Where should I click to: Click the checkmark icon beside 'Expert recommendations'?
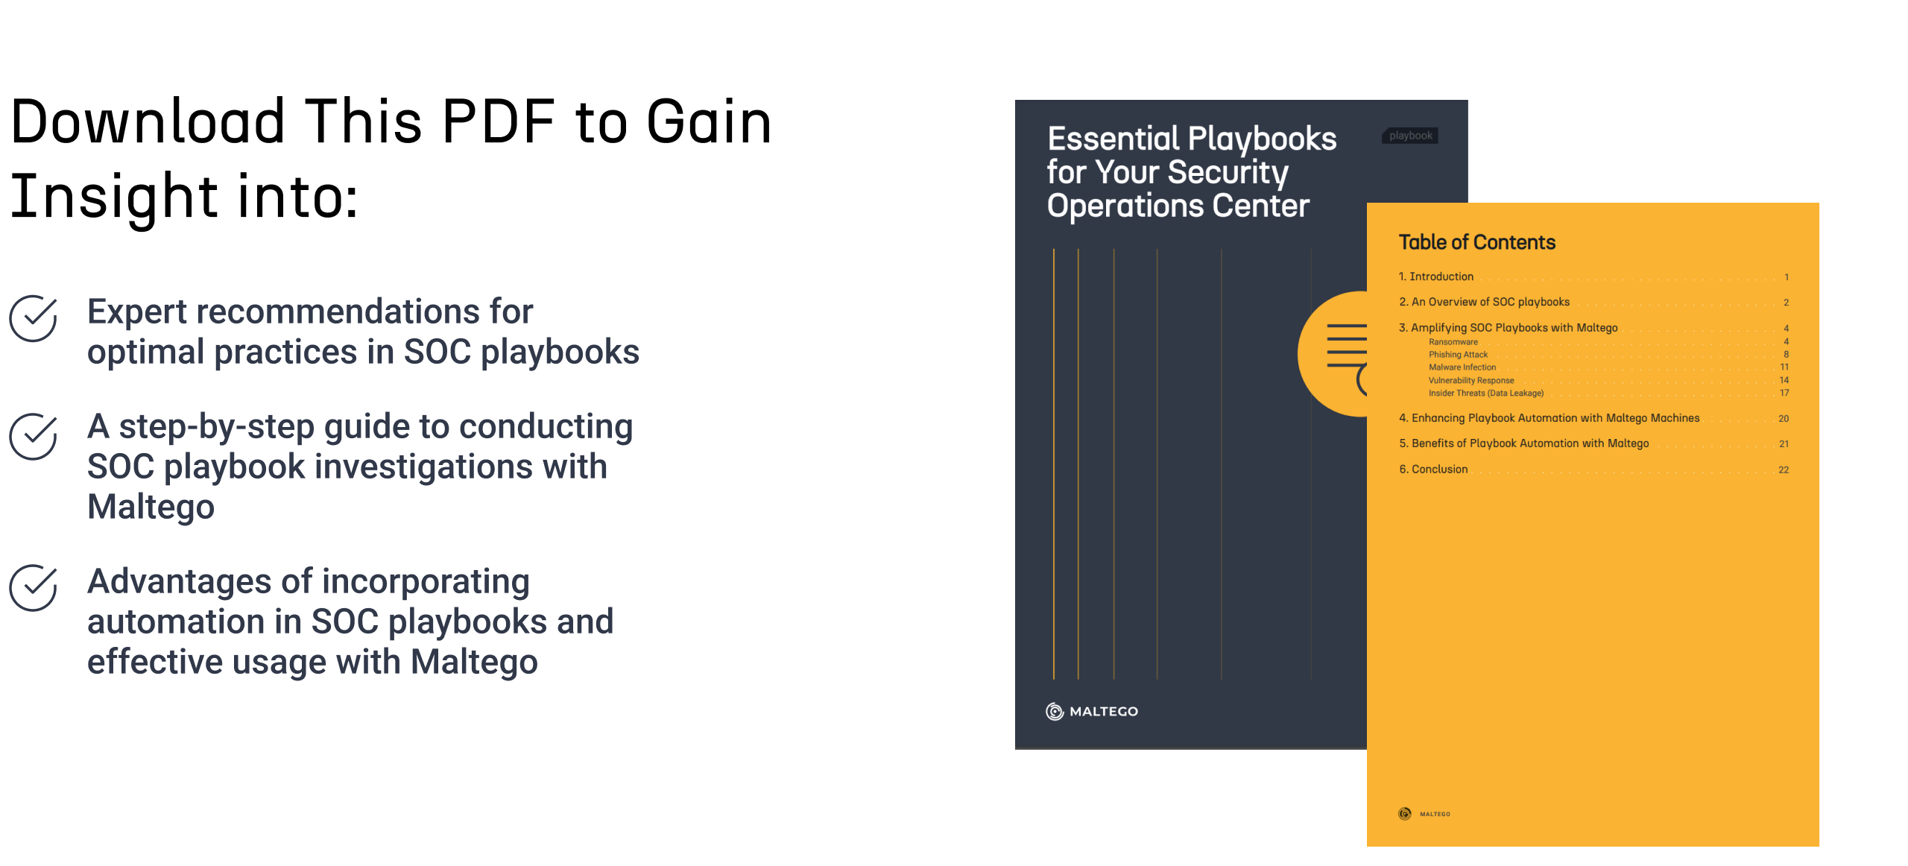34,318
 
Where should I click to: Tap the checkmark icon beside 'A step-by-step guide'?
34,436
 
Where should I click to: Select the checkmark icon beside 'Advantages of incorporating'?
34,587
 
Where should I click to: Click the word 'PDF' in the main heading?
499,121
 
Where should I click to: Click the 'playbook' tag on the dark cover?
1410,136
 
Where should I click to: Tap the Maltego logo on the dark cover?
1092,711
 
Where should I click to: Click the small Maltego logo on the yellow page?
1424,814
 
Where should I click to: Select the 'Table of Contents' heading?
1476,242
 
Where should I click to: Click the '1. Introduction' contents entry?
1435,276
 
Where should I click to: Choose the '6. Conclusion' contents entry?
1433,469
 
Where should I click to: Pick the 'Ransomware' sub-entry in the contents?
1453,342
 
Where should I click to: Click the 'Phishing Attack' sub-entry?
1458,355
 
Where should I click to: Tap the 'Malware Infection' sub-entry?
1462,367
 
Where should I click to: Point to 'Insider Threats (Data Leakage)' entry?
1485,394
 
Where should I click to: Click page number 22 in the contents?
1784,470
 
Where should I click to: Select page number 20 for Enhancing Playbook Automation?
1784,419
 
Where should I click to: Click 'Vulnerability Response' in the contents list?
1471,381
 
